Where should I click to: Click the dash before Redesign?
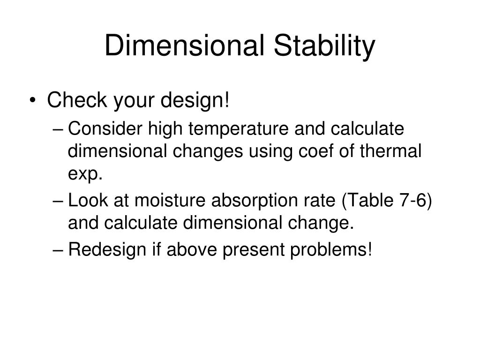point(59,251)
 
